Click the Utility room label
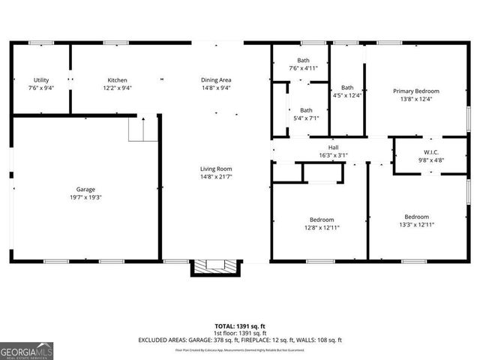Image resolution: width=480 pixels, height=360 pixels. pyautogui.click(x=41, y=80)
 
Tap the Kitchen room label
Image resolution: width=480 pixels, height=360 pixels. pyautogui.click(x=117, y=80)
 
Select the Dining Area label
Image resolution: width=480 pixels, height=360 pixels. pyautogui.click(x=215, y=80)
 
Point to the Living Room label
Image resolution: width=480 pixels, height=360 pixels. pyautogui.click(x=215, y=169)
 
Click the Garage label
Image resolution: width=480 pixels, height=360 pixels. pyautogui.click(x=85, y=190)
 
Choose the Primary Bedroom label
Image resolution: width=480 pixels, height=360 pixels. pyautogui.click(x=416, y=91)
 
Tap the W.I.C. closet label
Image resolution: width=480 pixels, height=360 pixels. pyautogui.click(x=430, y=152)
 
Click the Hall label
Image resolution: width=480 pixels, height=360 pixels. pyautogui.click(x=334, y=148)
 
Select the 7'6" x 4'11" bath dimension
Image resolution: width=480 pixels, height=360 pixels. pyautogui.click(x=303, y=68)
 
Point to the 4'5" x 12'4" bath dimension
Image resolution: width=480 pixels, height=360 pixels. pyautogui.click(x=347, y=95)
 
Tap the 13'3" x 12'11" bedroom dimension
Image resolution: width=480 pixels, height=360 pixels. pyautogui.click(x=416, y=224)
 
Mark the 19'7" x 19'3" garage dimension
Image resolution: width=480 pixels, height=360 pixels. pyautogui.click(x=85, y=198)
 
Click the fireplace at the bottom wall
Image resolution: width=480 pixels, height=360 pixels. pyautogui.click(x=216, y=267)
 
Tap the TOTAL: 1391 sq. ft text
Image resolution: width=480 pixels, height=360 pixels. pyautogui.click(x=240, y=326)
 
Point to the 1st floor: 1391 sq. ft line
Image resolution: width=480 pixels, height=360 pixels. pyautogui.click(x=240, y=333)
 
